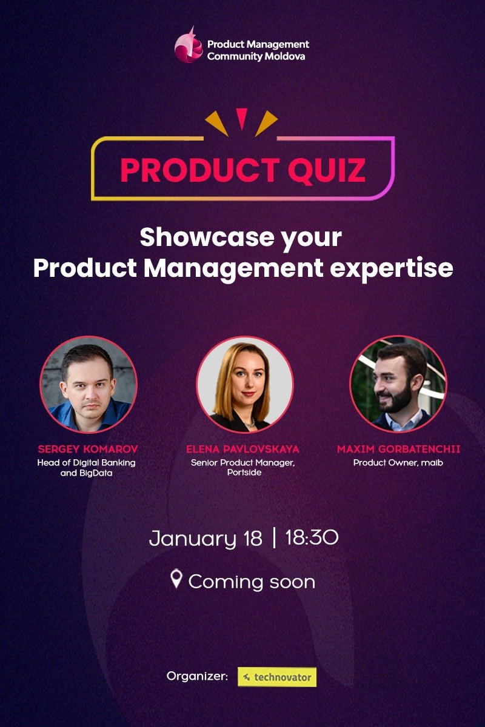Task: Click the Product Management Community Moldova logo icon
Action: (x=188, y=45)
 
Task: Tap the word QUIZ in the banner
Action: (x=327, y=170)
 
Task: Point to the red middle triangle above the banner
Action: (x=242, y=118)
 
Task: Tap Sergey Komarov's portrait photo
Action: (x=89, y=385)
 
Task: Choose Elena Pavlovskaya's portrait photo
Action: (x=244, y=385)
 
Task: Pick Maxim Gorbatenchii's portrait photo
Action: (x=398, y=385)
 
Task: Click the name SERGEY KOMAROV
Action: (x=88, y=450)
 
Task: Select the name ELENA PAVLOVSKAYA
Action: (x=242, y=450)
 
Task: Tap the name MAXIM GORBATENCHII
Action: (x=398, y=450)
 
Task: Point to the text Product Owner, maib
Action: (x=398, y=462)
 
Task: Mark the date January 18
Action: (x=206, y=538)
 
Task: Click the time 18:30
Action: (x=311, y=537)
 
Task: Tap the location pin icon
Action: (x=176, y=579)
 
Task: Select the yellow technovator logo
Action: (x=277, y=677)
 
